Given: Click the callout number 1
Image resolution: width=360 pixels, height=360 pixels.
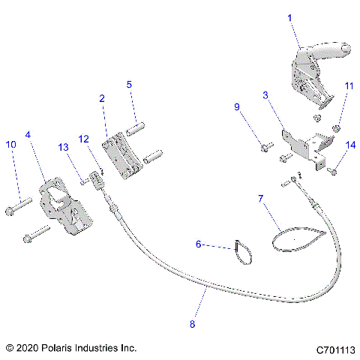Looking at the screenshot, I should click(x=289, y=16).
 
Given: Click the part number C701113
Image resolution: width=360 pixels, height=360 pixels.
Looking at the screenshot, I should click(x=335, y=349).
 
